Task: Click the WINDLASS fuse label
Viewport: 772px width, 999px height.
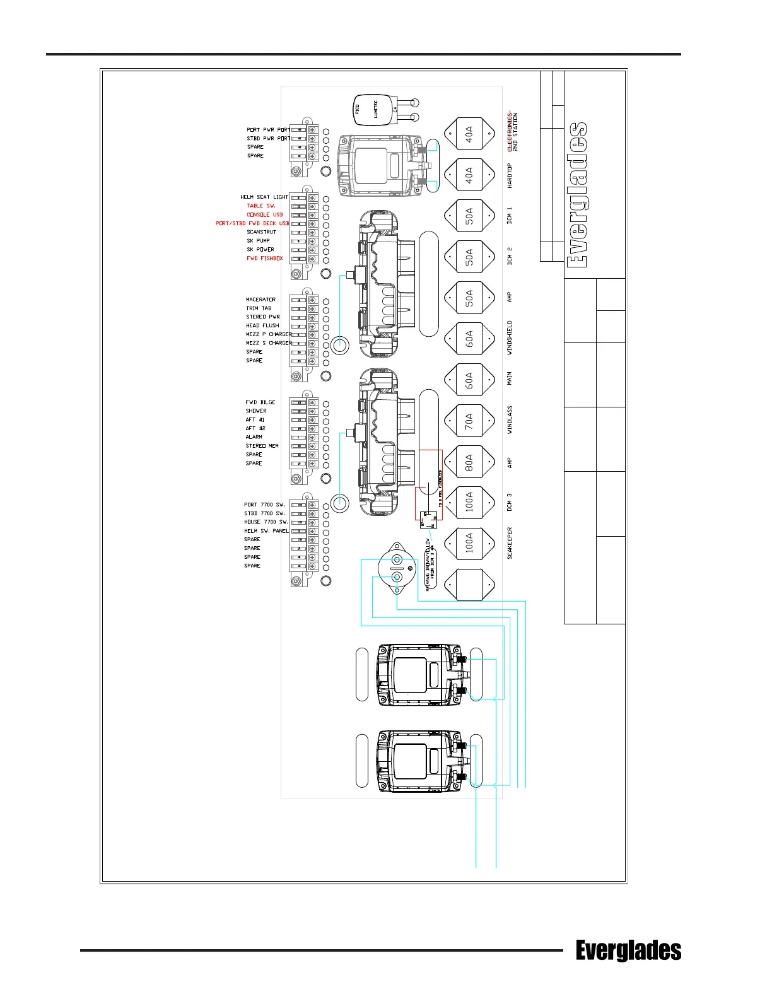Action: [x=510, y=419]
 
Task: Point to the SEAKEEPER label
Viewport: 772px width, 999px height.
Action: [x=510, y=543]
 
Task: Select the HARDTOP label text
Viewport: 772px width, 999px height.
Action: [x=510, y=176]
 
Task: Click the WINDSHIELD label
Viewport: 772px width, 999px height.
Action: [x=510, y=337]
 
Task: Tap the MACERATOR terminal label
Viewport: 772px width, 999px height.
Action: [x=260, y=300]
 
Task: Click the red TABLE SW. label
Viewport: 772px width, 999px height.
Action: [x=260, y=206]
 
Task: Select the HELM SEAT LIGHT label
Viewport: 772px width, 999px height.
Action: [x=264, y=197]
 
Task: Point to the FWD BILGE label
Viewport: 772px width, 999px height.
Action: [x=260, y=402]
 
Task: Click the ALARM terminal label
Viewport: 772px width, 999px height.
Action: [x=254, y=437]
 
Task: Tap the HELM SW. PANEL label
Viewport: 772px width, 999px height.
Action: [x=266, y=531]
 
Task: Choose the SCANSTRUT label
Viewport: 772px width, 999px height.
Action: [x=261, y=232]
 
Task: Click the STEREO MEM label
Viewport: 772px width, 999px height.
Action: [x=262, y=446]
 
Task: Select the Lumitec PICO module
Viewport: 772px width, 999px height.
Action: [x=375, y=111]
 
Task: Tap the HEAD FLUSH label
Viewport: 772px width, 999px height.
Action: [x=262, y=325]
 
